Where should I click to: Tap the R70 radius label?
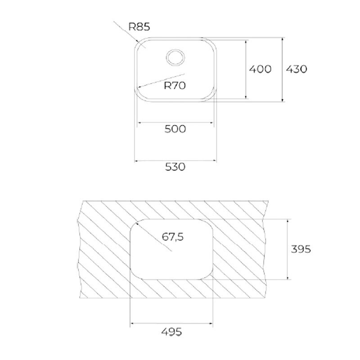pos(175,85)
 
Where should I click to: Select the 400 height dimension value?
pos(261,69)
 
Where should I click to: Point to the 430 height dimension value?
pos(296,69)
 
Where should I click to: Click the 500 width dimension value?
pos(175,129)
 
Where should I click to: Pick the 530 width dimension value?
pos(175,166)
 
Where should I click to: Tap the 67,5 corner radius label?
pos(173,237)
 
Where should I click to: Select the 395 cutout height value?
pos(300,248)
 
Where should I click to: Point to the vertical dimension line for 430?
pos(282,70)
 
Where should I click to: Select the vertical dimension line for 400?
pos(246,69)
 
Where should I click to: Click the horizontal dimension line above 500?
pos(175,122)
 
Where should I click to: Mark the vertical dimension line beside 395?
pos(286,249)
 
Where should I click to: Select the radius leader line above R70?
pos(162,79)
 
